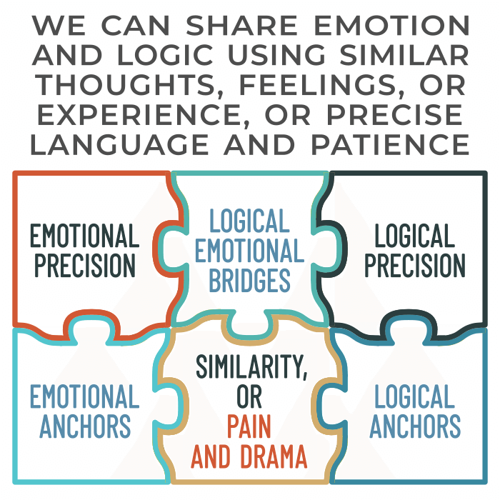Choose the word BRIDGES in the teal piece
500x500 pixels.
249,281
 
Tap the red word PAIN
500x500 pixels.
249,426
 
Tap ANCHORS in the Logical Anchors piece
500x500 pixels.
415,426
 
